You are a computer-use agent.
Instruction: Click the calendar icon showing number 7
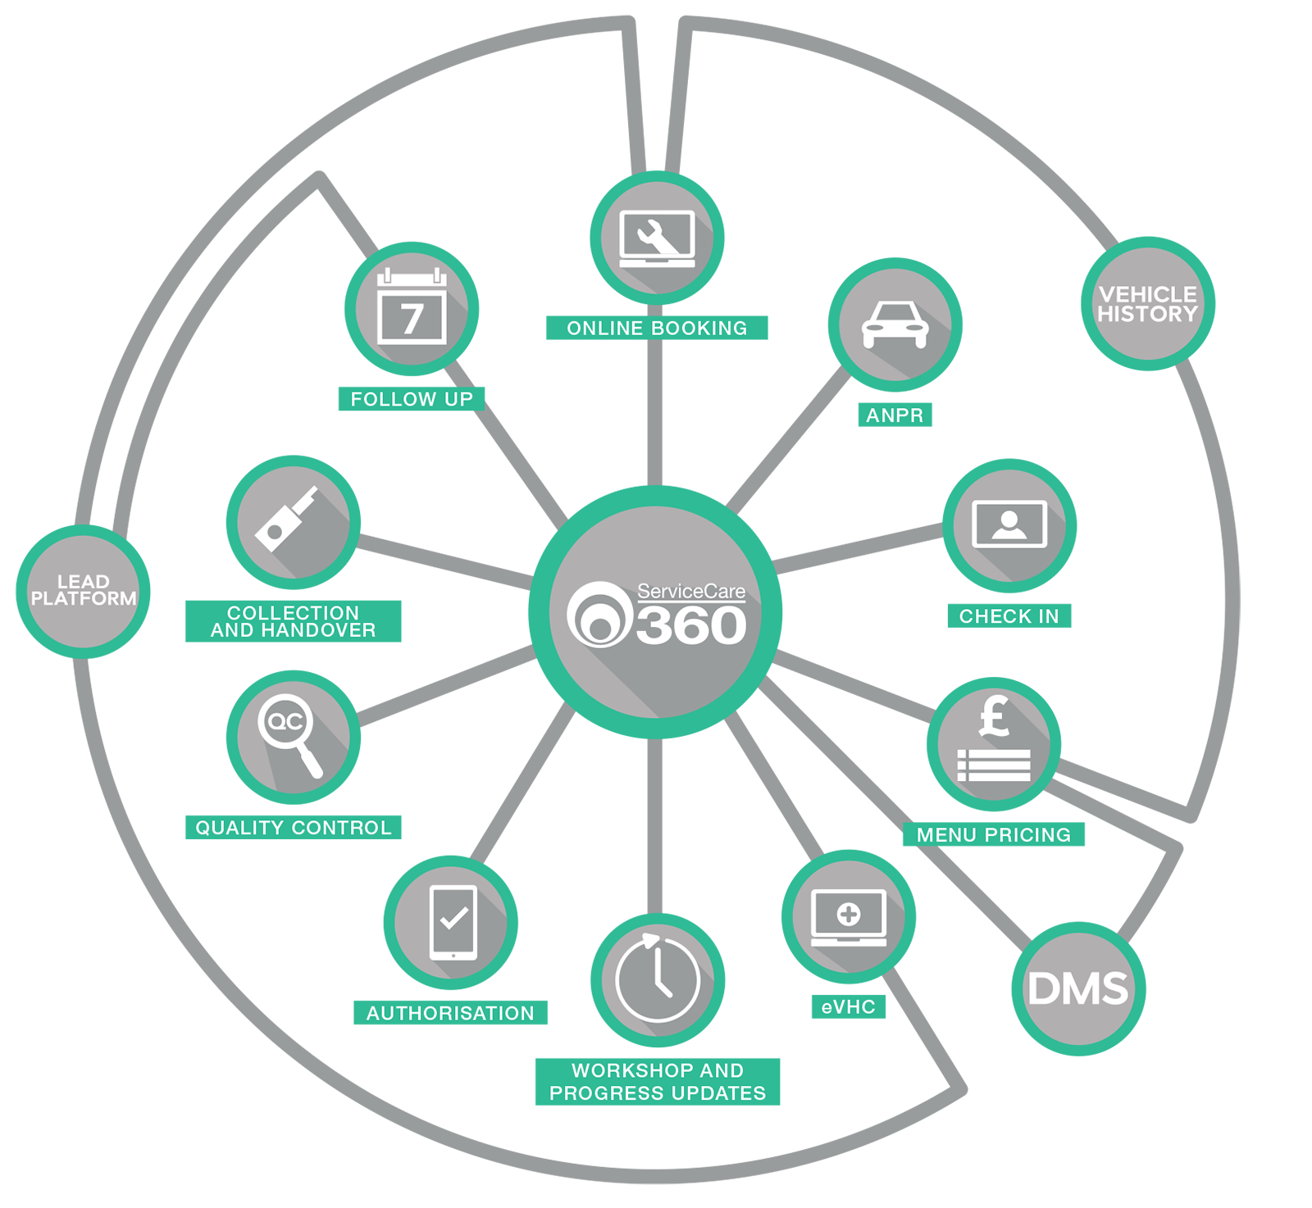(x=412, y=309)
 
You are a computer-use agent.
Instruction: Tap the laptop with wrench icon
(x=657, y=238)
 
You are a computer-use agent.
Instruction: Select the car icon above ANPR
(x=895, y=325)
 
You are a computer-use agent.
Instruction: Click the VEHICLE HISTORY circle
(x=1148, y=304)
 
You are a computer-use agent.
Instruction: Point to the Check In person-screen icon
(x=1009, y=525)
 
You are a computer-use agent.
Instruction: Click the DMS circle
(x=1078, y=988)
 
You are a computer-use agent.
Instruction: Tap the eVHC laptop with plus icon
(x=849, y=917)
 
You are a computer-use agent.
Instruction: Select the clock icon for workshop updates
(x=658, y=980)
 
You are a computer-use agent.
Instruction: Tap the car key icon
(x=293, y=522)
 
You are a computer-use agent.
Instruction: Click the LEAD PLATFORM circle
(x=83, y=591)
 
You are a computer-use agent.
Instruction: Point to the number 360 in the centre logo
(x=690, y=626)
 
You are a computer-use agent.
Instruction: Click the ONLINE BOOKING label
(x=657, y=329)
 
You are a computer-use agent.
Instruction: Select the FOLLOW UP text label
(x=412, y=399)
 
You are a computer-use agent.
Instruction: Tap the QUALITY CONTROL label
(x=294, y=828)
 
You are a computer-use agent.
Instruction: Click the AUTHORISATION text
(x=450, y=1014)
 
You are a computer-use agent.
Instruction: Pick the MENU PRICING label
(x=994, y=835)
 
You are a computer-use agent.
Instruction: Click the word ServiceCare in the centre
(x=691, y=591)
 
